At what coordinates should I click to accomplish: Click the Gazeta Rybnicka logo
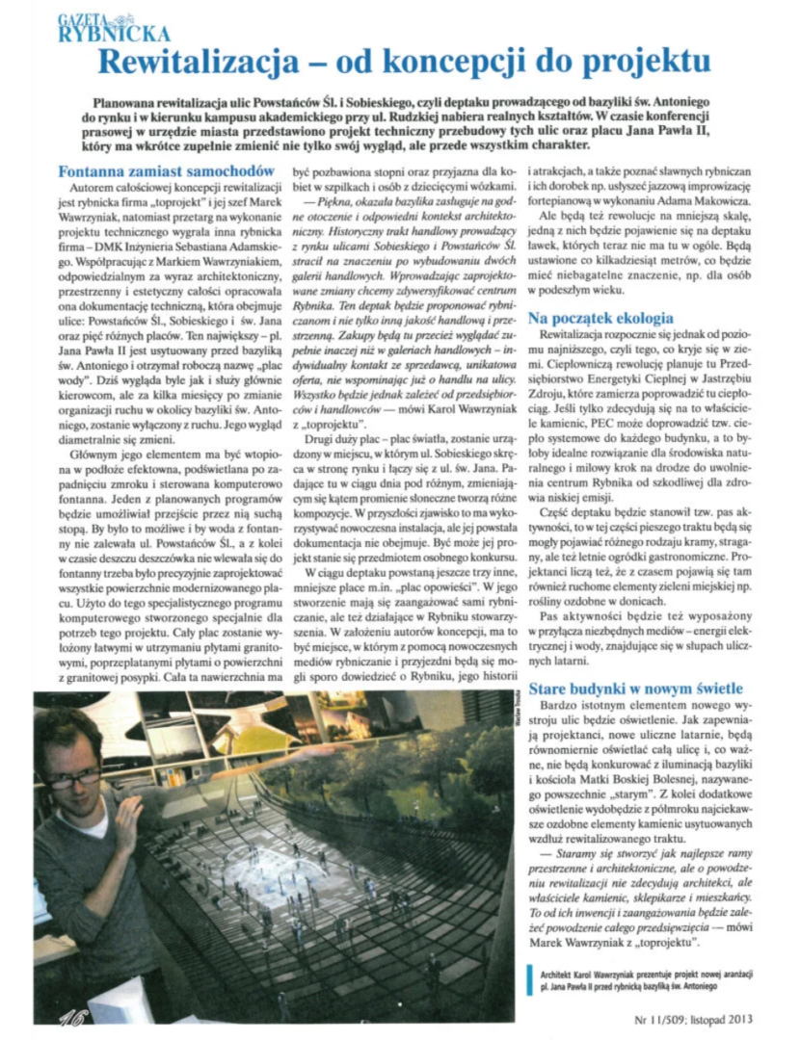[100, 26]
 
